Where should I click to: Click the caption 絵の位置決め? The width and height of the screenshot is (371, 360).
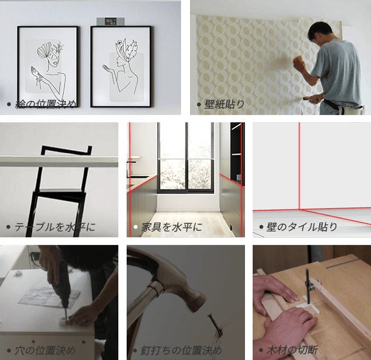point(45,104)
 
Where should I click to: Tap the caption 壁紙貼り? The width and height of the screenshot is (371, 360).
point(225,104)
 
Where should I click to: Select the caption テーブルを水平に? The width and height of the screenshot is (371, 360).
point(55,227)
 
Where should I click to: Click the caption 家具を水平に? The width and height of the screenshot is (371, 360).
point(172,227)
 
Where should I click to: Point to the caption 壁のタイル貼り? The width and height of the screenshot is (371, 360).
point(302,227)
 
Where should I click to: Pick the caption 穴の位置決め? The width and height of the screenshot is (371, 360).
point(45,350)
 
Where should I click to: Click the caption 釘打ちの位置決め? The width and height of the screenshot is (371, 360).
point(181,350)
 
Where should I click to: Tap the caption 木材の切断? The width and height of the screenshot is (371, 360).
point(292,350)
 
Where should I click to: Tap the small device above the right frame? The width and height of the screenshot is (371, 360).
point(111,21)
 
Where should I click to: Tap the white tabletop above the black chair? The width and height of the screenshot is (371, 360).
point(59,161)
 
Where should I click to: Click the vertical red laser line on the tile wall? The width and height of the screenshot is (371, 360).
point(299,166)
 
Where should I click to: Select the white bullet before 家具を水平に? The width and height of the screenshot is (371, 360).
point(136,227)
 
